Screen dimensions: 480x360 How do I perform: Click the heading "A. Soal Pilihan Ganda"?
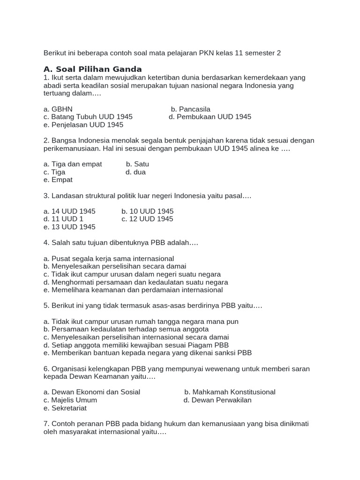click(x=92, y=69)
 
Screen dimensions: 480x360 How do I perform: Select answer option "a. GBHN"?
click(x=58, y=109)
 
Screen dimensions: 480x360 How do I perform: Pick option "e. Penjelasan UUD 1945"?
click(x=83, y=125)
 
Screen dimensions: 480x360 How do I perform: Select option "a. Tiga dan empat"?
click(x=72, y=164)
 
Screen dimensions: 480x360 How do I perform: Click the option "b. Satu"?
click(x=137, y=164)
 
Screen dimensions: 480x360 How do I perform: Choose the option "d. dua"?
click(x=135, y=172)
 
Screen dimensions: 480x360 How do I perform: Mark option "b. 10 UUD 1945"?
click(x=147, y=211)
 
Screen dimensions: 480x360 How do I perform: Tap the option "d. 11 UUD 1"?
click(x=63, y=219)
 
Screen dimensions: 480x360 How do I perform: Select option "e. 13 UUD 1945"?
click(x=69, y=227)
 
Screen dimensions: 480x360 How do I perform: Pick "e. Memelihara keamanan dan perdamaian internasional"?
click(x=133, y=290)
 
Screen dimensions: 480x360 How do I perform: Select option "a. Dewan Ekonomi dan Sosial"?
click(x=91, y=392)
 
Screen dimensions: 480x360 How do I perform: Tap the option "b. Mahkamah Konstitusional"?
click(x=230, y=392)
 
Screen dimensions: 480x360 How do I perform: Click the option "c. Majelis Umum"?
click(x=70, y=400)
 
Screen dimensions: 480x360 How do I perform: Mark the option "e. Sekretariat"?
click(x=65, y=408)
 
